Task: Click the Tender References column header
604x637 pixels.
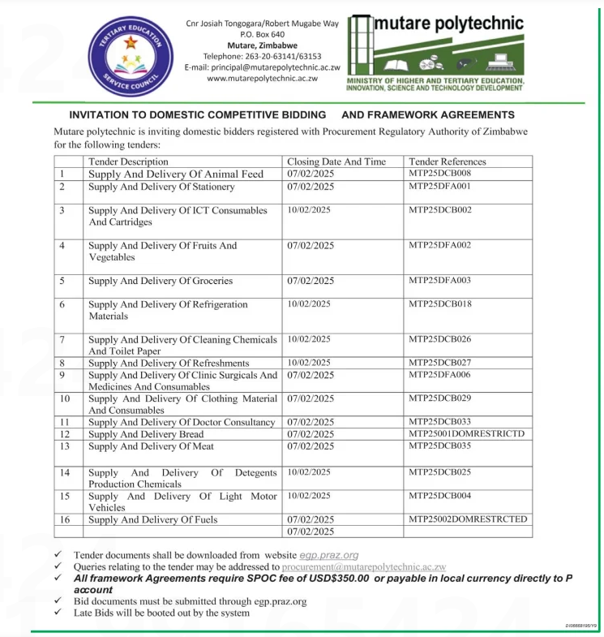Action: (447, 161)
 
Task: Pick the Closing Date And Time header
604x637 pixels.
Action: (336, 161)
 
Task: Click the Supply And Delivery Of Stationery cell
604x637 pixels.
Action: (161, 187)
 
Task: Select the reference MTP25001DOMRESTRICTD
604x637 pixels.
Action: (466, 434)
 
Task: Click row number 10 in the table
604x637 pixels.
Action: (66, 398)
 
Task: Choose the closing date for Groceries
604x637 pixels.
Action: (311, 281)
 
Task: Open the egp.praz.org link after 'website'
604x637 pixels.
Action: (329, 555)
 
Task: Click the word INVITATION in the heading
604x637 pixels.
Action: (101, 115)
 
